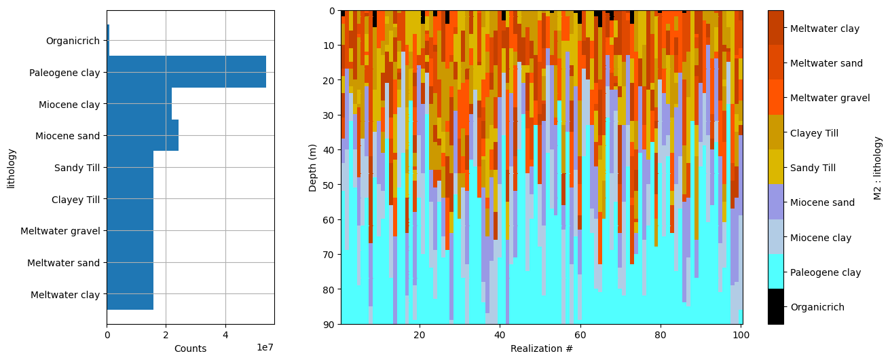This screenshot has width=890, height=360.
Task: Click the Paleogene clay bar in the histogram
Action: (186, 72)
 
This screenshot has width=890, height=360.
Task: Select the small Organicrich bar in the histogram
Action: (108, 41)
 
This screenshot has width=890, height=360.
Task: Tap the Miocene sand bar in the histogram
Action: (143, 135)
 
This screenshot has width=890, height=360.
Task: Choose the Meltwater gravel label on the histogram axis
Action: (60, 231)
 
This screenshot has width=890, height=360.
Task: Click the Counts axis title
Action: (190, 348)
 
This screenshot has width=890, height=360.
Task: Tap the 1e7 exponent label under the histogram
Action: (264, 348)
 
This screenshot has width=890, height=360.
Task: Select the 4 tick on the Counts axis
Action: (225, 334)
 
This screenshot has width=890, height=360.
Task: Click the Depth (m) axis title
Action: (313, 167)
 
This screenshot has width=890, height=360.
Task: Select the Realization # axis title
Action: (541, 348)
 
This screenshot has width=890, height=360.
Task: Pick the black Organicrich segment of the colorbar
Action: (775, 306)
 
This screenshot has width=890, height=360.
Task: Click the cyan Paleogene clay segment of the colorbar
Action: (775, 272)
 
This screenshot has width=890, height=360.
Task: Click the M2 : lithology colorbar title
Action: (878, 168)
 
